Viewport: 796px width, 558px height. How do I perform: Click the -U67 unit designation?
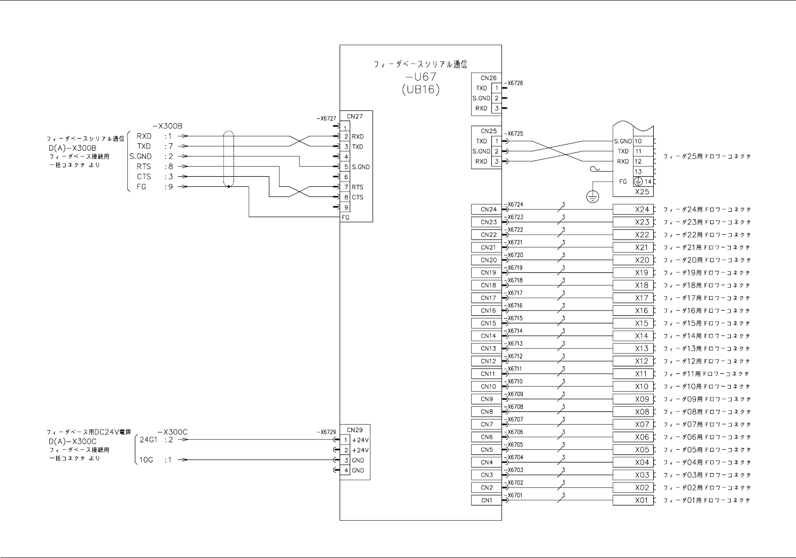point(421,76)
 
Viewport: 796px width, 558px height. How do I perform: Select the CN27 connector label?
point(354,116)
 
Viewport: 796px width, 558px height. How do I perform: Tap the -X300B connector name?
point(167,126)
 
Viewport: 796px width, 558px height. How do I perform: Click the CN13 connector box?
point(487,348)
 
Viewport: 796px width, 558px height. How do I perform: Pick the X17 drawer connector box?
point(633,298)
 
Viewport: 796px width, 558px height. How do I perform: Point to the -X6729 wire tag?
point(326,432)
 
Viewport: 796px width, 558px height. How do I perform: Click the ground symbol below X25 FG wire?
point(593,196)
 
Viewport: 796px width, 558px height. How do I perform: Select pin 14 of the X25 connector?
point(648,182)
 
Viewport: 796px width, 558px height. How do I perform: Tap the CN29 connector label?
point(354,430)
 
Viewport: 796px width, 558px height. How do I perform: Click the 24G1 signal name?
point(148,440)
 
